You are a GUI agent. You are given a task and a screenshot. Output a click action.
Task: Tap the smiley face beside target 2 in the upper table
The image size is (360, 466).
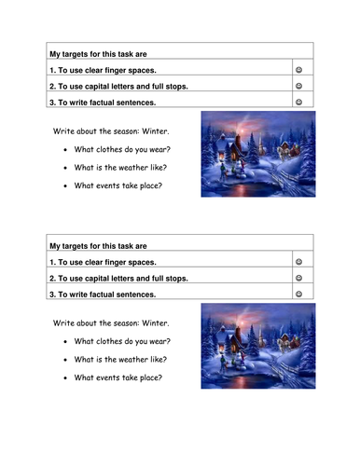(299, 86)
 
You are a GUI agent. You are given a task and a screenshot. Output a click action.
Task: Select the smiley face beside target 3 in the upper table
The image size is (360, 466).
(299, 103)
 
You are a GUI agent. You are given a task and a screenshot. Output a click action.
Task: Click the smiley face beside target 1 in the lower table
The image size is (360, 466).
(299, 262)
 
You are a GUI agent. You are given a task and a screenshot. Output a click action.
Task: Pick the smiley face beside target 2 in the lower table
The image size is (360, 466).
(299, 278)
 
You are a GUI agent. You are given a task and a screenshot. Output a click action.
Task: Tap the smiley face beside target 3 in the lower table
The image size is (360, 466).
(299, 294)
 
